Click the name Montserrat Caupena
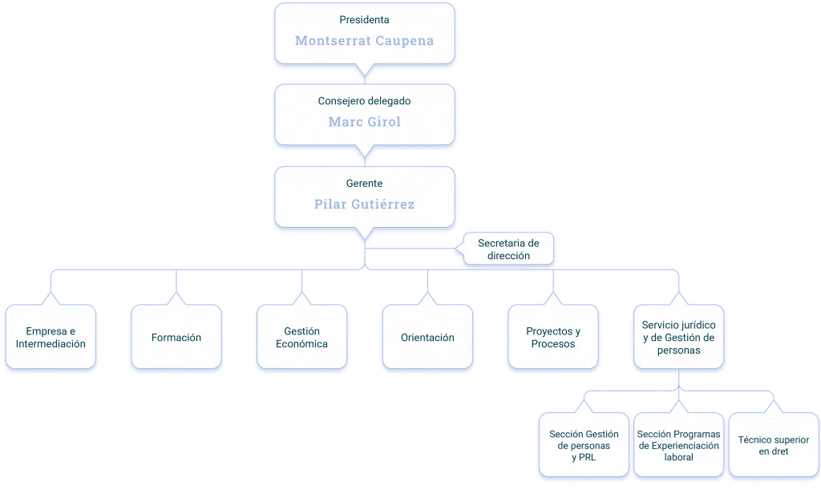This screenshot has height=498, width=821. [x=365, y=41]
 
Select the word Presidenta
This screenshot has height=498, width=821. [x=365, y=20]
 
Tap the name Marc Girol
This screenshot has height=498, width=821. [x=365, y=122]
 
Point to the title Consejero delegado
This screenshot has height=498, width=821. [x=365, y=101]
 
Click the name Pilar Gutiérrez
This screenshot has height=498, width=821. [x=365, y=204]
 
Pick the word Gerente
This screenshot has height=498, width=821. [x=365, y=184]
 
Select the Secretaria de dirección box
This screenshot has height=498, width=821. [x=508, y=249]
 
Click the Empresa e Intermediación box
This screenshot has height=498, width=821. [x=51, y=337]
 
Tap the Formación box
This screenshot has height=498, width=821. [x=176, y=337]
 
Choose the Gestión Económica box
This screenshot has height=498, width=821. [x=302, y=337]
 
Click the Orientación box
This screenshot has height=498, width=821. [x=428, y=337]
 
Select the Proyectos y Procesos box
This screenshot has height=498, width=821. [x=553, y=337]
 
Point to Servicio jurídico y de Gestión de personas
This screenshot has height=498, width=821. [x=679, y=337]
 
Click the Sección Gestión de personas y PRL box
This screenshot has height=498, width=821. [x=584, y=444]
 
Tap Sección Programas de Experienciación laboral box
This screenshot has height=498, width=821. [x=679, y=444]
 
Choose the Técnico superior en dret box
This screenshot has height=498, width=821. [x=774, y=444]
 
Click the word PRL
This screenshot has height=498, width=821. [x=587, y=457]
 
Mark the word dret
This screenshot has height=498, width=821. [x=780, y=451]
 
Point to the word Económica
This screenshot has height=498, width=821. [x=302, y=344]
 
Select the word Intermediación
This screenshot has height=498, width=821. [x=51, y=344]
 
